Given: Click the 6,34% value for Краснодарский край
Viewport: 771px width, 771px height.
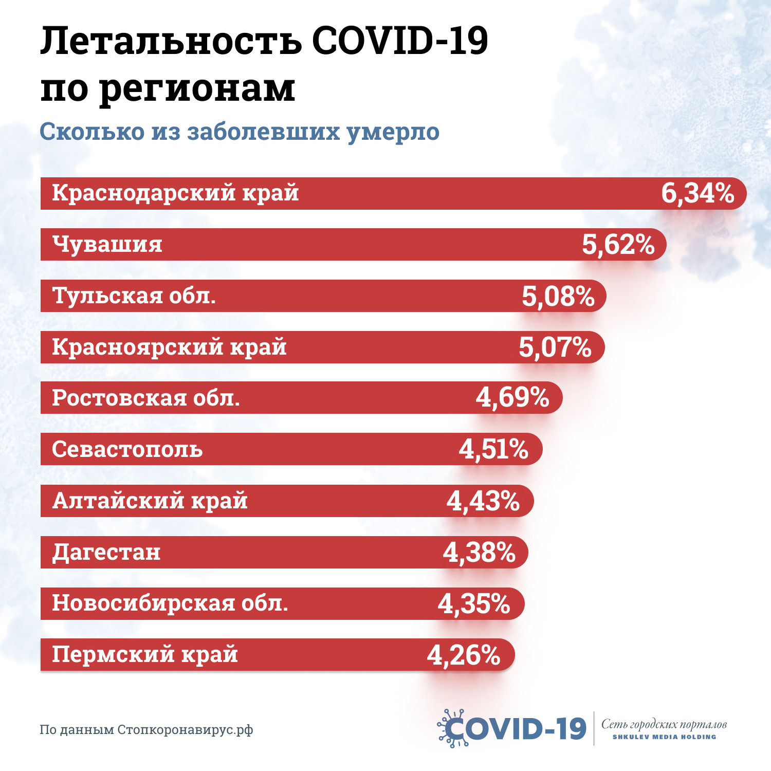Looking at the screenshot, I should pyautogui.click(x=697, y=194).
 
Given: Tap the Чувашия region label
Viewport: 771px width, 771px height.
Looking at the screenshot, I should pyautogui.click(x=107, y=244).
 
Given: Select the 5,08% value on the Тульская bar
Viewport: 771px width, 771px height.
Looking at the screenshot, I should pyautogui.click(x=558, y=297).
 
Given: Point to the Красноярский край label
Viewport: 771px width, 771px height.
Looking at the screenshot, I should pyautogui.click(x=169, y=347).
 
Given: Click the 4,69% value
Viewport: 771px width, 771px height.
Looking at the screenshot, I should pyautogui.click(x=512, y=398).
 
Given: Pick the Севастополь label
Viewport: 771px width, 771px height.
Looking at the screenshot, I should pyautogui.click(x=127, y=449).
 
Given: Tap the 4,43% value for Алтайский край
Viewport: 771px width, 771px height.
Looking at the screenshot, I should pyautogui.click(x=483, y=501).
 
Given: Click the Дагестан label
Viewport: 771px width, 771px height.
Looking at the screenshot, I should pyautogui.click(x=106, y=552).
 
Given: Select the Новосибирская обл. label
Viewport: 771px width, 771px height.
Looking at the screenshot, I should pyautogui.click(x=170, y=603).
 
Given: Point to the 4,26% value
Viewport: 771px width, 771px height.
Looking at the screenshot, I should pyautogui.click(x=464, y=655).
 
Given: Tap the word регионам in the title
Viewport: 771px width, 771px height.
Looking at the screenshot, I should pyautogui.click(x=197, y=88).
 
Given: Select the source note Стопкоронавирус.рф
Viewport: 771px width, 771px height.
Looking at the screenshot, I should pyautogui.click(x=185, y=730).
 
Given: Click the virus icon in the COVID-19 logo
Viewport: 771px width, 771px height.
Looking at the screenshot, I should pyautogui.click(x=452, y=728).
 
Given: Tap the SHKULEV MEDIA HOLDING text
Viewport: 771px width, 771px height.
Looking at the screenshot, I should pyautogui.click(x=664, y=737).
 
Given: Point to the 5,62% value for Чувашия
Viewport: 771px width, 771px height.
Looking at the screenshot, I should pyautogui.click(x=618, y=245).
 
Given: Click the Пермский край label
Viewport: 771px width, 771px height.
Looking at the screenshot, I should pyautogui.click(x=145, y=654).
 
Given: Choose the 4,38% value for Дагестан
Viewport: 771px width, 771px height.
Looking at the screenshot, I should pyautogui.click(x=479, y=553).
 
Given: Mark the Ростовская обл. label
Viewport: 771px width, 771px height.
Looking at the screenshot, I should pyautogui.click(x=146, y=398).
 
